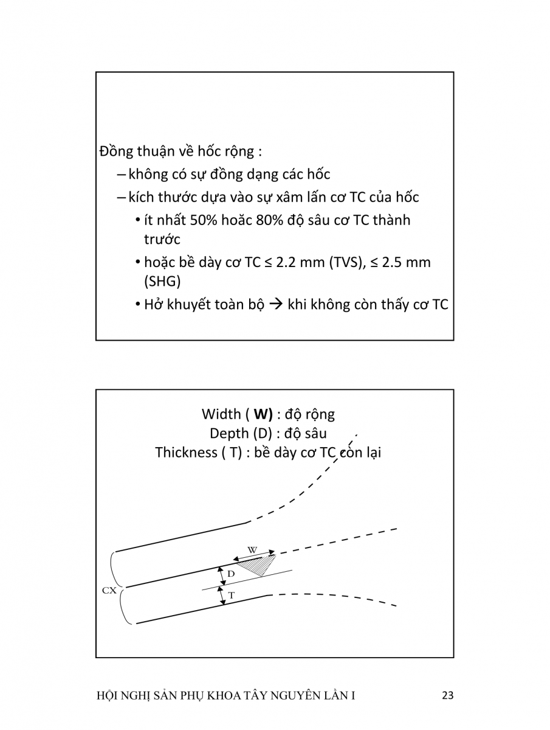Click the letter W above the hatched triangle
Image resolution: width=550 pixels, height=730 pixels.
(252, 550)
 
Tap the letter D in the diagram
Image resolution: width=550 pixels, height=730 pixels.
(231, 573)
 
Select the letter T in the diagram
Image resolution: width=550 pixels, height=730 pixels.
(231, 596)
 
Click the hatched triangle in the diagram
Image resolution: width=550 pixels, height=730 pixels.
(256, 565)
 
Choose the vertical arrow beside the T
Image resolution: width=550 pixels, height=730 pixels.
(222, 596)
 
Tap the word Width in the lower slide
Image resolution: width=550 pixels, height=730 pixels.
(221, 414)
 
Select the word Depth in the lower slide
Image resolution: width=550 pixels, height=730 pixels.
(229, 433)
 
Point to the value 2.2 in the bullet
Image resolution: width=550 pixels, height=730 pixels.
(287, 262)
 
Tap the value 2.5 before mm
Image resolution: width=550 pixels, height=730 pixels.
(394, 262)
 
